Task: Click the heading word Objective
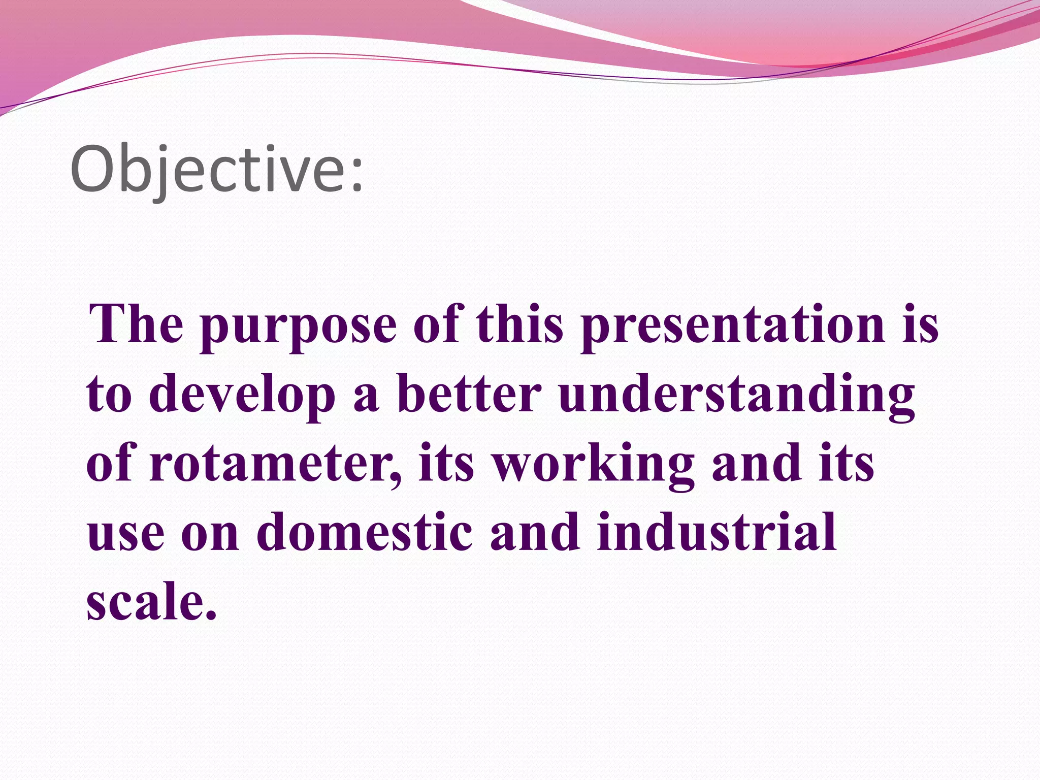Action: pyautogui.click(x=208, y=170)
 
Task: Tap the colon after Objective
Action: pyautogui.click(x=357, y=175)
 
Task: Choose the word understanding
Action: pyautogui.click(x=736, y=396)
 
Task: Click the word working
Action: pyautogui.click(x=594, y=465)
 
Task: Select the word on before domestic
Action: pyautogui.click(x=210, y=536)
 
